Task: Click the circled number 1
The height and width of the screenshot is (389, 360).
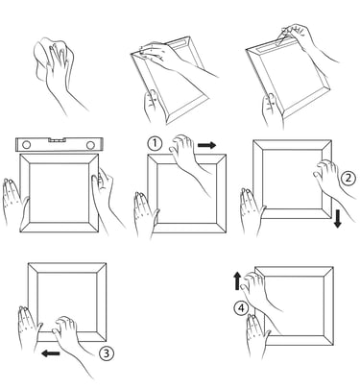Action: coord(155,143)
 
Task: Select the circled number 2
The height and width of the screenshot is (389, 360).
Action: coord(348,178)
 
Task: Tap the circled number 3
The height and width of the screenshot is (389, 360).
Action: coord(106,353)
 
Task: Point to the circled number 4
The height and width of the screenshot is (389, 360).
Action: coord(241,308)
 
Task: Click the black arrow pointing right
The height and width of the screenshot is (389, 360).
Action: coord(206,145)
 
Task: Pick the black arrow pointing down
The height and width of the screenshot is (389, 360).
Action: coord(337,220)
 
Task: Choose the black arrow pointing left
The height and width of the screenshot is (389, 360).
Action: coord(51,353)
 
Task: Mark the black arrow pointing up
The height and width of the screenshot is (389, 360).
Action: coord(237,280)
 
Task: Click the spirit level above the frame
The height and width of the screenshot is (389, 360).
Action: coord(60,145)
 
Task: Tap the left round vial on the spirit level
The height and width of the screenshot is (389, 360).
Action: coord(26,145)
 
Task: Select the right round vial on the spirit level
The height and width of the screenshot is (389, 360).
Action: coord(90,145)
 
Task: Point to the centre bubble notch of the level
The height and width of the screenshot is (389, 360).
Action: coord(58,140)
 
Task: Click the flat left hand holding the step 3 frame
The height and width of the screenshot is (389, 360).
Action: coord(28,328)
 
